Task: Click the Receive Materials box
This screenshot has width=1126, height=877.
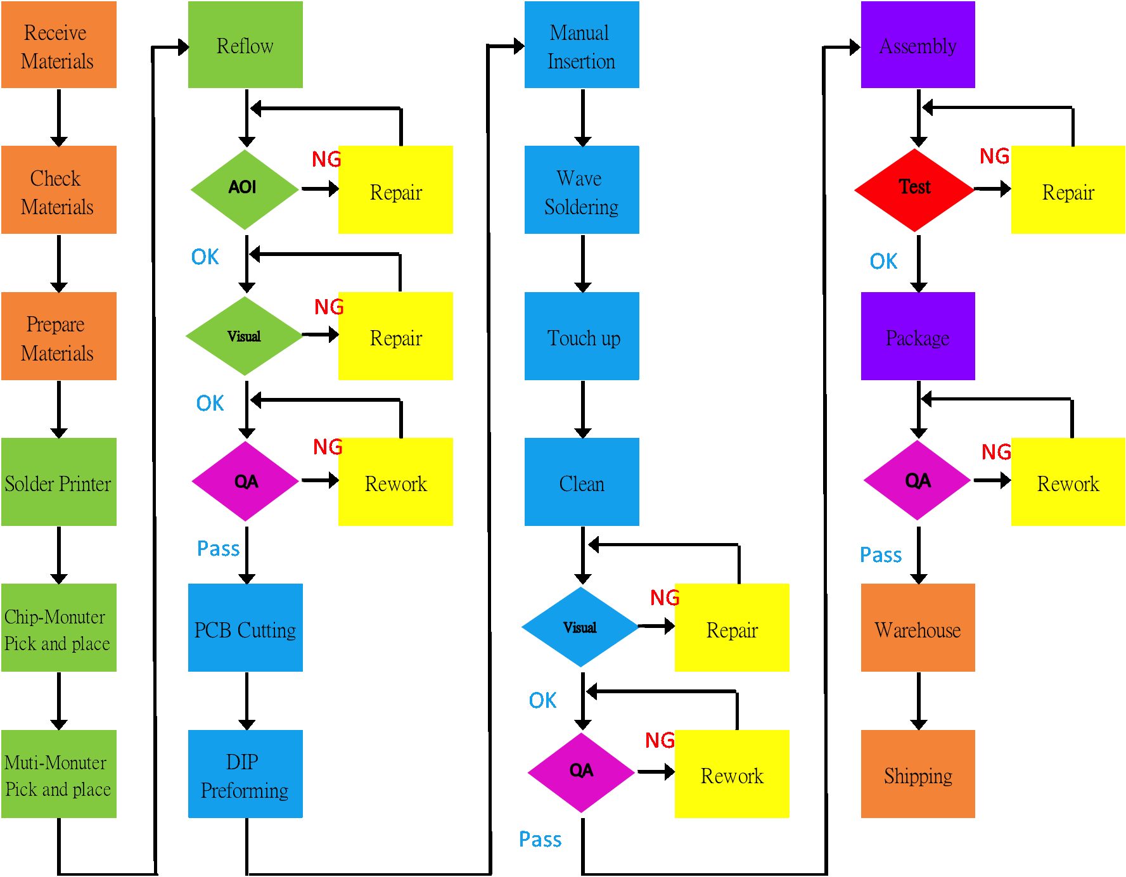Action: (58, 44)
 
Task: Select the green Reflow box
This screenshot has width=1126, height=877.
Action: (245, 44)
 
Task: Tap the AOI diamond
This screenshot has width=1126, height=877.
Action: (245, 189)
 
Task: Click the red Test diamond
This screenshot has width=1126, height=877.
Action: (914, 189)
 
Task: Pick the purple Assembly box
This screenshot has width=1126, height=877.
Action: (918, 44)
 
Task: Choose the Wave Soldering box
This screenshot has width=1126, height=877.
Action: (582, 190)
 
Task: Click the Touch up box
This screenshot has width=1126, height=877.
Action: (582, 336)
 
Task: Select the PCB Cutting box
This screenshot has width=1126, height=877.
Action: (245, 627)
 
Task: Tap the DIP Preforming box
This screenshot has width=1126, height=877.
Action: (245, 774)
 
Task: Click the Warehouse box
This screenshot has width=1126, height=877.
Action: (918, 627)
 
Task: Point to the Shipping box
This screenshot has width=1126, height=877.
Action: (918, 774)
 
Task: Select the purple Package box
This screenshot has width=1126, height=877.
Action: (918, 336)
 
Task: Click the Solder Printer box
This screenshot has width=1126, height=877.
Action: (58, 482)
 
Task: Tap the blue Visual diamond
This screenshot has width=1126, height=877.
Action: (580, 627)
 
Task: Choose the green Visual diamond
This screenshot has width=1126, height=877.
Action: (245, 336)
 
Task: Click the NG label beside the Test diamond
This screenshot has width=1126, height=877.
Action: (994, 156)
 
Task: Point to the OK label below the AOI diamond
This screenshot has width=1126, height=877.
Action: (205, 257)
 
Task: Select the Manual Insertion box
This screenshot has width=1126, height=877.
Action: (582, 44)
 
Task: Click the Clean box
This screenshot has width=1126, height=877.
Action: (582, 482)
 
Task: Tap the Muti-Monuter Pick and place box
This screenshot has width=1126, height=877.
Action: (58, 774)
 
